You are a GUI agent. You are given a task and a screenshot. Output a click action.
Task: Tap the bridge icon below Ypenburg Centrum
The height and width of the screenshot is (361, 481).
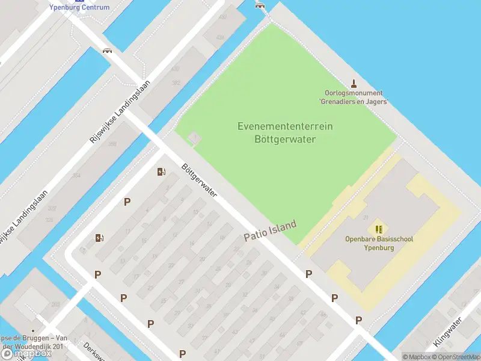pos(108,51)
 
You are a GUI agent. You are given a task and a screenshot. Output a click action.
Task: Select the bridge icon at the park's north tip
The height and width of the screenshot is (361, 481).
pos(260,5)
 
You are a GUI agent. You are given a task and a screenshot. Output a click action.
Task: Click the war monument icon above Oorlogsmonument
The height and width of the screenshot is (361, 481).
pos(354,84)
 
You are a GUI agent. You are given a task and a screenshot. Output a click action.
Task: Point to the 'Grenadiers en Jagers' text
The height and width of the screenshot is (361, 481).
pos(354,102)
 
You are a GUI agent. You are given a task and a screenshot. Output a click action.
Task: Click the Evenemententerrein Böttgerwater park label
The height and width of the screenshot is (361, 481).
pos(285,132)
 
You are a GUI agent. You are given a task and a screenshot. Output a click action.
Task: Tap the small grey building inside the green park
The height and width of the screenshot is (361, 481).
pos(194,138)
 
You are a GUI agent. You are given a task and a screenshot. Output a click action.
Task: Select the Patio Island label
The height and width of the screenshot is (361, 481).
pos(270,231)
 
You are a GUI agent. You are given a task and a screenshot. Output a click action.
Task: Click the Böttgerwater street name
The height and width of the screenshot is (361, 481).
pos(199,180)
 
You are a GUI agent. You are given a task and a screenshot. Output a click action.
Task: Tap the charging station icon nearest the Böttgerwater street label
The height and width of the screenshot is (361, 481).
pos(161,171)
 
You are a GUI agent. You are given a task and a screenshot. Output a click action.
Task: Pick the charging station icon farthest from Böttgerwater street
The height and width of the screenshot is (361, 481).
pos(99,238)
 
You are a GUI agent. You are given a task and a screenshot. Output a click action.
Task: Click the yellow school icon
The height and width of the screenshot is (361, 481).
pos(379,229)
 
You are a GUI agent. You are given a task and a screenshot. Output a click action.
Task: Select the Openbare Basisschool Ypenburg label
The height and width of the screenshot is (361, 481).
pos(379,243)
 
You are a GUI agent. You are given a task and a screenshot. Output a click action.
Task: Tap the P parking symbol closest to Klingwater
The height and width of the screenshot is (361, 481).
pos(359,320)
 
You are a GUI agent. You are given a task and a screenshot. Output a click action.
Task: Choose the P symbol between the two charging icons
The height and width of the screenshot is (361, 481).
pos(127,202)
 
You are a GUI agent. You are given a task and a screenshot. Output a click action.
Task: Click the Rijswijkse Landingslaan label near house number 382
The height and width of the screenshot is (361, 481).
pos(118,113)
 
